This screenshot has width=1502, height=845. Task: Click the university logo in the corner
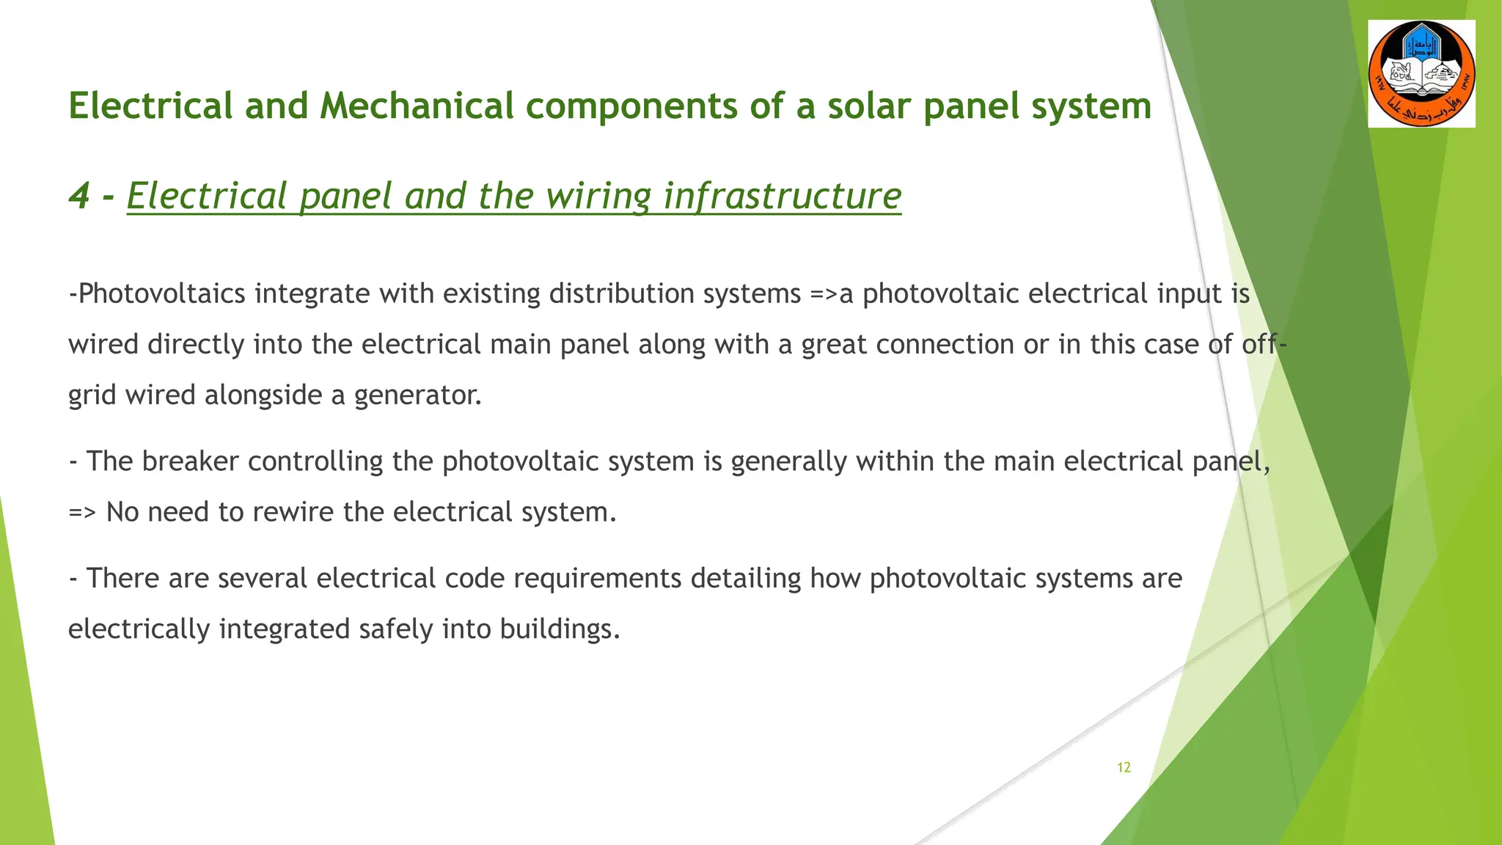coord(1421,73)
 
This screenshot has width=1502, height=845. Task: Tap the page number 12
coord(1124,767)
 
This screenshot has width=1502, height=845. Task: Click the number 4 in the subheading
coord(78,196)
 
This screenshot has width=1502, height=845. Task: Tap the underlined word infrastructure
coord(782,196)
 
